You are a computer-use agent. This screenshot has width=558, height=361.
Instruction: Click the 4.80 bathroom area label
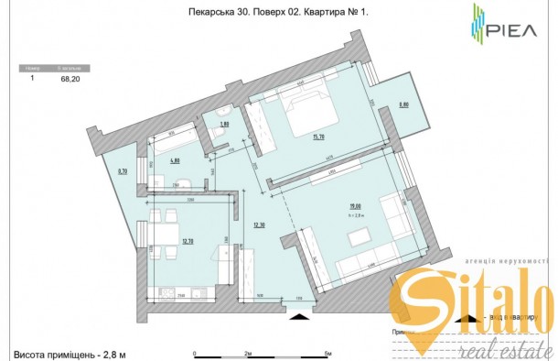(173, 160)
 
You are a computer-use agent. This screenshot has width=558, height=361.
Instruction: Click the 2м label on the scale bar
(248, 352)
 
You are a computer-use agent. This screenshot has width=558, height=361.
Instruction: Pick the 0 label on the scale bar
(194, 352)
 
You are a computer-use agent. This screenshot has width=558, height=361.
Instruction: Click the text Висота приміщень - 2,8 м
(69, 352)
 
